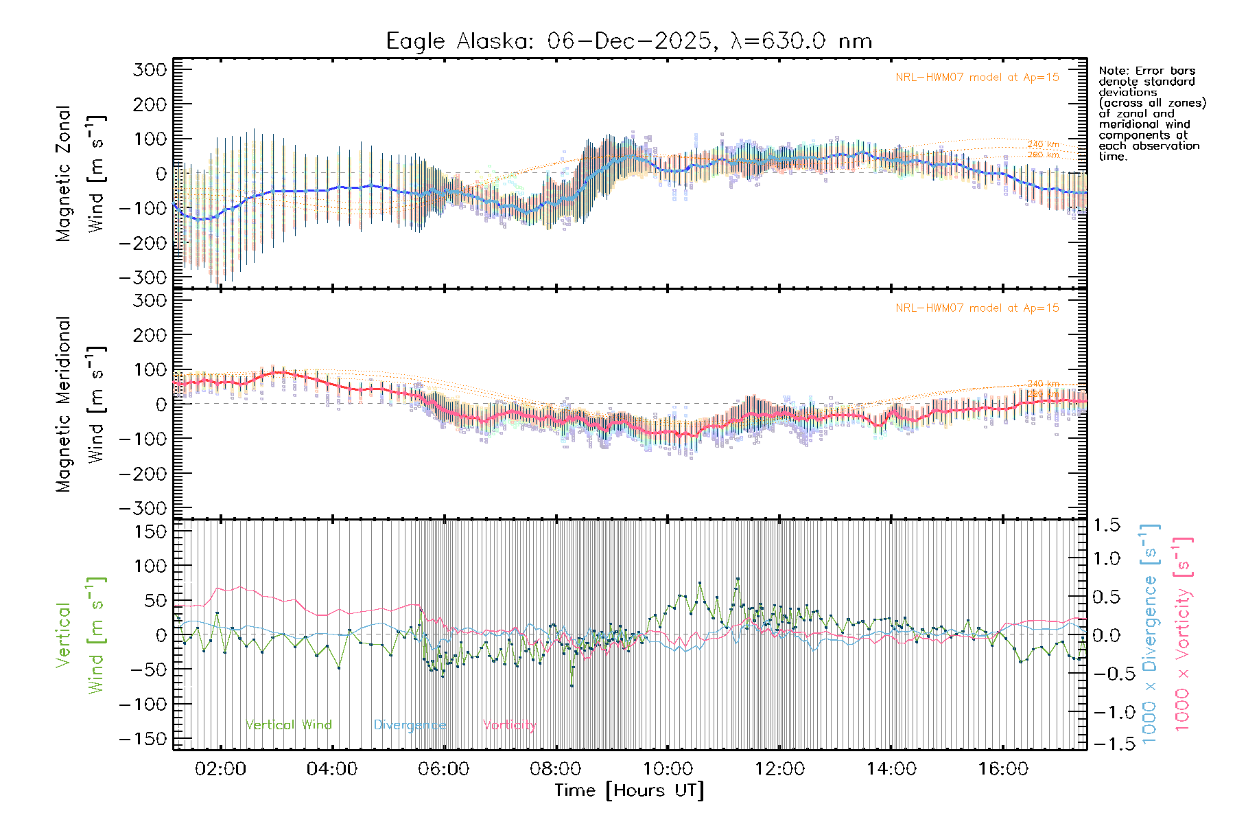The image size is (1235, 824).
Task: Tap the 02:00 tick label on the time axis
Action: (x=220, y=769)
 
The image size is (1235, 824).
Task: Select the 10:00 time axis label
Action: (x=668, y=769)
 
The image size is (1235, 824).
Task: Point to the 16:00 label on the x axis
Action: (x=1003, y=769)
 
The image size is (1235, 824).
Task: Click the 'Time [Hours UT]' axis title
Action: (x=629, y=790)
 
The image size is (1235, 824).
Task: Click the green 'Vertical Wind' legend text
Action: (x=288, y=725)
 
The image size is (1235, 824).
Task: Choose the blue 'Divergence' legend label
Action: (x=410, y=725)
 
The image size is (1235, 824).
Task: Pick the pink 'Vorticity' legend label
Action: (x=509, y=725)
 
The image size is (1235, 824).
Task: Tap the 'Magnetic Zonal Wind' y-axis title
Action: (x=80, y=173)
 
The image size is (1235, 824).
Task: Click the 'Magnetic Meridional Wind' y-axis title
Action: (x=80, y=404)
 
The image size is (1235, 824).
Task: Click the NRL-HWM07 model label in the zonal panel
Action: (x=977, y=78)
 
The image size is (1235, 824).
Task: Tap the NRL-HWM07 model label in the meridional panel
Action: (x=977, y=308)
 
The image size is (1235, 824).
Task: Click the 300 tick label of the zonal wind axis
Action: (x=150, y=69)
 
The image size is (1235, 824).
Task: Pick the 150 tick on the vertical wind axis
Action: (x=150, y=531)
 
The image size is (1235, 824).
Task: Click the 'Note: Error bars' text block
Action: (x=1151, y=113)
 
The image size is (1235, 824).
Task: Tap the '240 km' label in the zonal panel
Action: (x=1043, y=144)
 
